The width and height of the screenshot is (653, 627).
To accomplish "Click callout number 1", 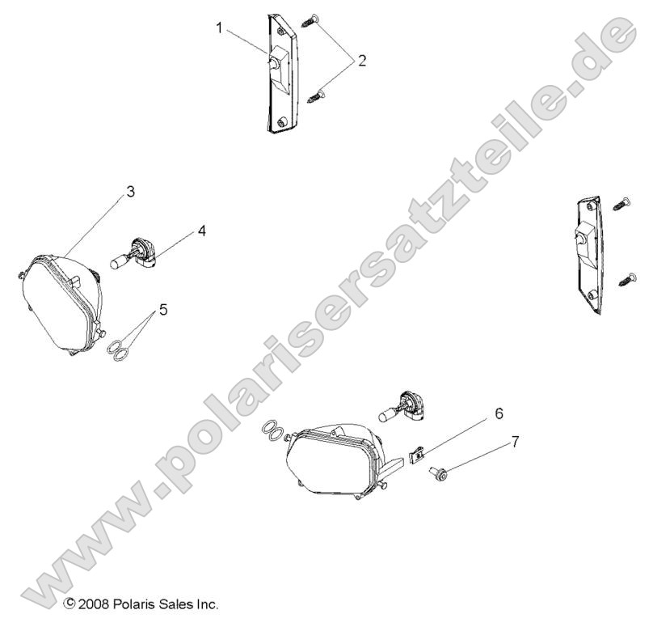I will [219, 28].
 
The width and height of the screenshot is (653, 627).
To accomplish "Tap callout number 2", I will [361, 60].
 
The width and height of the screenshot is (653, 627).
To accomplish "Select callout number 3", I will [129, 193].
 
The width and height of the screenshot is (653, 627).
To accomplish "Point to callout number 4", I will [201, 231].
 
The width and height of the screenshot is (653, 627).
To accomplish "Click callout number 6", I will [499, 413].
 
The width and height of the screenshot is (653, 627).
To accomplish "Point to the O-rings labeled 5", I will [119, 350].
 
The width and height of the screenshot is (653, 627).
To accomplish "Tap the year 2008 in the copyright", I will [95, 604].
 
